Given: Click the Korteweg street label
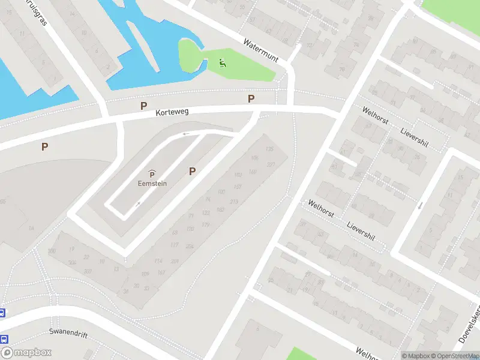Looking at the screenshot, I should [x=172, y=112].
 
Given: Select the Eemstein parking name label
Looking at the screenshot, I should [x=152, y=184].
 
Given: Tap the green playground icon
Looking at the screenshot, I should [x=223, y=62].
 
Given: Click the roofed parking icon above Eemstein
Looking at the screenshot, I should [x=152, y=174].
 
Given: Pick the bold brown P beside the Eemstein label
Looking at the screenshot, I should [x=192, y=171].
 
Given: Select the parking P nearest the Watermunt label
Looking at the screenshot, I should [x=251, y=98].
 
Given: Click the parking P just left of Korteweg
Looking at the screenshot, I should [x=143, y=106].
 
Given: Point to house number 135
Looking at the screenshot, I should [x=269, y=149].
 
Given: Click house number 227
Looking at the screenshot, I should [x=271, y=164].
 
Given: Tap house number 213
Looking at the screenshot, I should [x=234, y=202].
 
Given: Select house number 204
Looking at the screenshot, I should [x=190, y=246].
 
